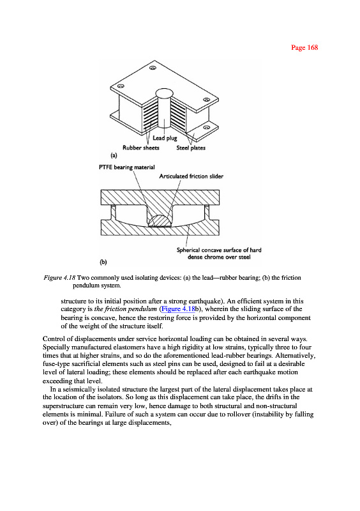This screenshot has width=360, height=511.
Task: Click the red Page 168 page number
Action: (x=304, y=47)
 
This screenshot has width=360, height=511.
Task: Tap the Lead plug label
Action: (x=165, y=138)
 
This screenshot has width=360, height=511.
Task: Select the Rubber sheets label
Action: (x=140, y=148)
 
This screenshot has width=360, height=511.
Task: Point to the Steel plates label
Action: (x=191, y=148)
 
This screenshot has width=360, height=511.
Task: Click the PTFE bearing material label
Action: (x=127, y=167)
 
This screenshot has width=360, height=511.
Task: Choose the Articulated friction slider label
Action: (x=191, y=176)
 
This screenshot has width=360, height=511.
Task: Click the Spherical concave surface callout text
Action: (x=219, y=254)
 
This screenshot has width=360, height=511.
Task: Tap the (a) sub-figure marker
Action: (x=114, y=155)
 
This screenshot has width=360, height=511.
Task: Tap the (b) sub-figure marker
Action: (x=103, y=262)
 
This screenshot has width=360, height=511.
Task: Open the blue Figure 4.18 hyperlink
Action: (x=178, y=309)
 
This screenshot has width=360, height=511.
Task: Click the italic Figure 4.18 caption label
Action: (x=59, y=278)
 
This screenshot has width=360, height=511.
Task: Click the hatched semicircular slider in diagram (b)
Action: (x=160, y=220)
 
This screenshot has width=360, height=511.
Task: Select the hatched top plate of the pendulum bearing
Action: (x=160, y=197)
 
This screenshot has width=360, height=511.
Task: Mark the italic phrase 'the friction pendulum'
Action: (x=126, y=309)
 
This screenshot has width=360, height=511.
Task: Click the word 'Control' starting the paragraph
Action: (x=53, y=339)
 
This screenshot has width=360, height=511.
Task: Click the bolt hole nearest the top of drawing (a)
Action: (x=153, y=68)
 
